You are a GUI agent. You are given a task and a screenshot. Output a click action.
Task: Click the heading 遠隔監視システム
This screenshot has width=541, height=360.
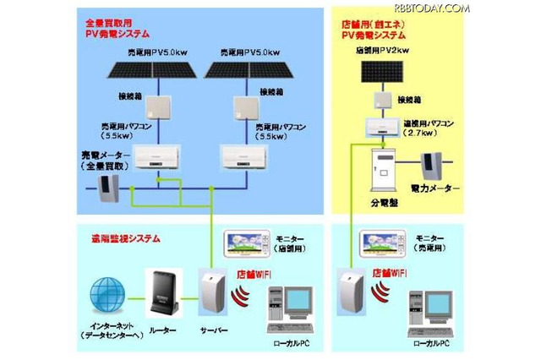(x=114, y=239)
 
